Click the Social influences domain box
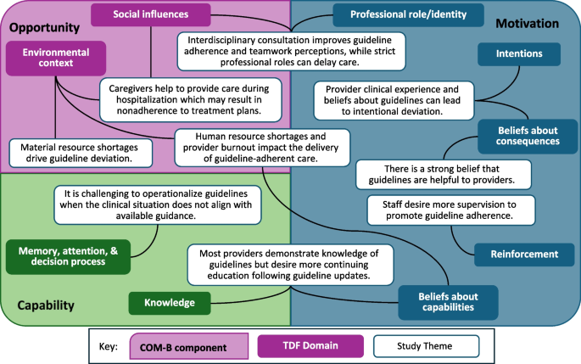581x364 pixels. pos(150,14)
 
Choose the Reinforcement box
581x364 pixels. pos(525,253)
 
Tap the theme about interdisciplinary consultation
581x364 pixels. pos(291,45)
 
